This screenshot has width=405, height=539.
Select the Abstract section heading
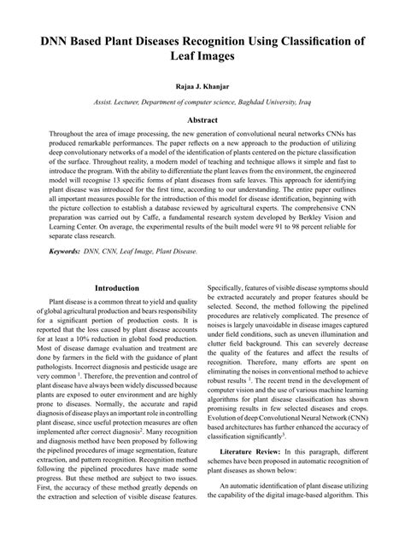(x=202, y=121)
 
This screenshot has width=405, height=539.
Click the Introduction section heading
(x=117, y=288)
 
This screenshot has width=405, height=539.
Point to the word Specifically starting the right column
(x=232, y=288)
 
